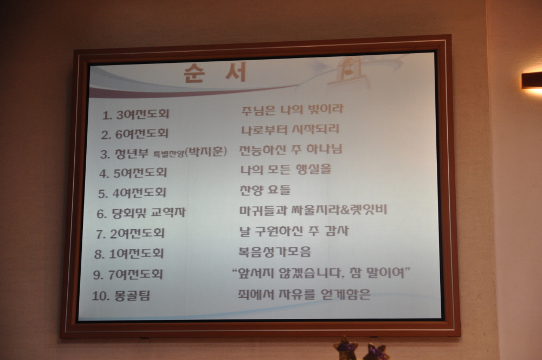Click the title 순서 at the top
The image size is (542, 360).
click(x=215, y=73)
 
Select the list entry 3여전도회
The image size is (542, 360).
click(x=143, y=114)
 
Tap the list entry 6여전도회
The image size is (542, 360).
click(x=141, y=133)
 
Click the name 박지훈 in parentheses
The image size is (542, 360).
click(x=206, y=151)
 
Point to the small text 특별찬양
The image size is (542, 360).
click(x=169, y=153)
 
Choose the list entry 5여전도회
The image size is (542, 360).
click(x=140, y=173)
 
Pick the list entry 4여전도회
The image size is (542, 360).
click(x=139, y=193)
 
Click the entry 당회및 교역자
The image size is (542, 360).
click(x=149, y=213)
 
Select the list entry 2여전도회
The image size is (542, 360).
click(x=137, y=234)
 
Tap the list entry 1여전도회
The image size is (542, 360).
click(x=136, y=254)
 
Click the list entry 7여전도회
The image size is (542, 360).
click(x=135, y=274)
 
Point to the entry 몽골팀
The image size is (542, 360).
click(x=132, y=296)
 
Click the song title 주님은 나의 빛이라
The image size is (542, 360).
click(x=293, y=110)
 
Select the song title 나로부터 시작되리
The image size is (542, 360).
click(x=291, y=130)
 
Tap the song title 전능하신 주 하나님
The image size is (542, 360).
click(x=291, y=150)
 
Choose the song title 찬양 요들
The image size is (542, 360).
click(x=265, y=190)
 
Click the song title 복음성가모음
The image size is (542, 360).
click(x=275, y=252)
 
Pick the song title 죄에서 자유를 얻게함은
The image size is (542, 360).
click(x=304, y=294)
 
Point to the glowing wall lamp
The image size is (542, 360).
click(x=532, y=82)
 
